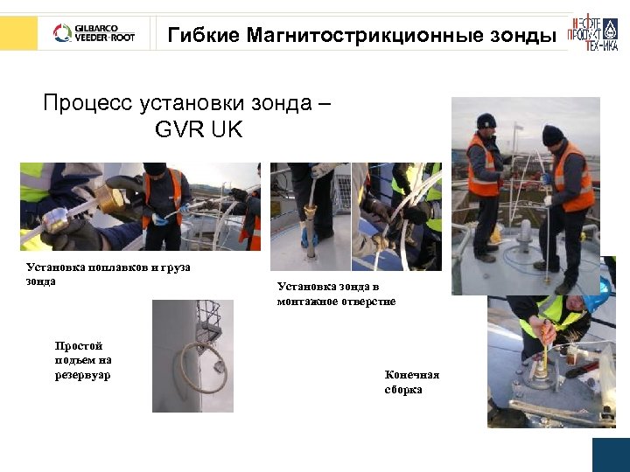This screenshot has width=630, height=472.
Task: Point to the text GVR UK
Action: [x=199, y=131]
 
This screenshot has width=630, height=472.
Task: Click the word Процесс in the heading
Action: [x=87, y=103]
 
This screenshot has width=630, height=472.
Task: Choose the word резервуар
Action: [x=83, y=375]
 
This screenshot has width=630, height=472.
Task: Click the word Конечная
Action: [x=412, y=375]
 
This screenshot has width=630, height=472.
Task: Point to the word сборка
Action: [x=403, y=389]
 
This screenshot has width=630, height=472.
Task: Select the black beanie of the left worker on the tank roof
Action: [x=486, y=121]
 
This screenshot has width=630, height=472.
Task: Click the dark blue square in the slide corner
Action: [x=611, y=455]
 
